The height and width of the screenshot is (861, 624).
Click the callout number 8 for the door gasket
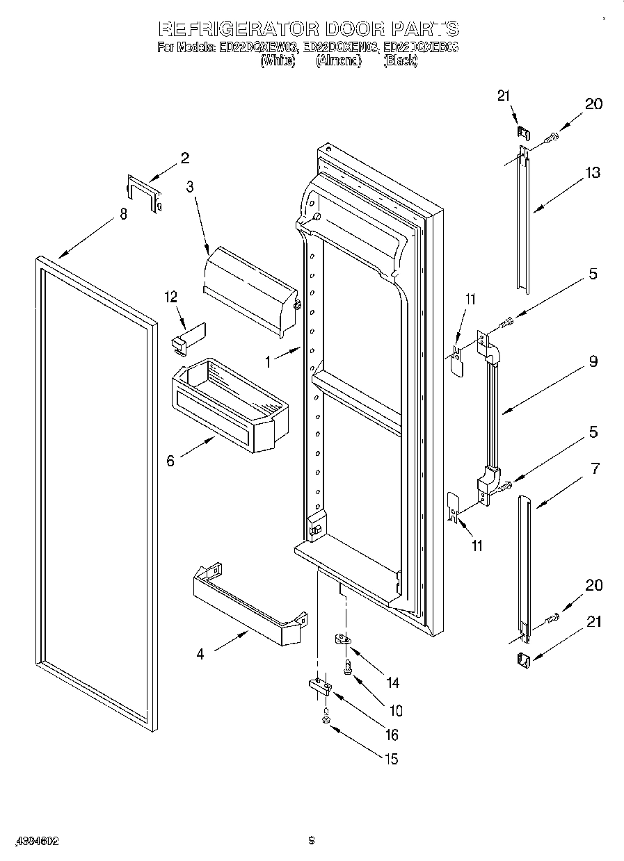coord(123,215)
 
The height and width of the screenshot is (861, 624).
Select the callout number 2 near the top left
coord(184,158)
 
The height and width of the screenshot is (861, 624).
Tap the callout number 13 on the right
coord(592,173)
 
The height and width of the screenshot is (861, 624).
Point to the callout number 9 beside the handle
coord(592,361)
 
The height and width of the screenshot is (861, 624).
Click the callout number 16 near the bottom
coord(392,735)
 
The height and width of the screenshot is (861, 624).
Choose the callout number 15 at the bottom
coord(392,760)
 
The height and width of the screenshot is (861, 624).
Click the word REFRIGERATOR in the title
coord(239,29)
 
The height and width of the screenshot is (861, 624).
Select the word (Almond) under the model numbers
coord(339,61)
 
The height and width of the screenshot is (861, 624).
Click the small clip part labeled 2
coord(143,192)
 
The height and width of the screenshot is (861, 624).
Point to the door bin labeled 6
coord(230,405)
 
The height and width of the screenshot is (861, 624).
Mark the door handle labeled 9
coord(493,410)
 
